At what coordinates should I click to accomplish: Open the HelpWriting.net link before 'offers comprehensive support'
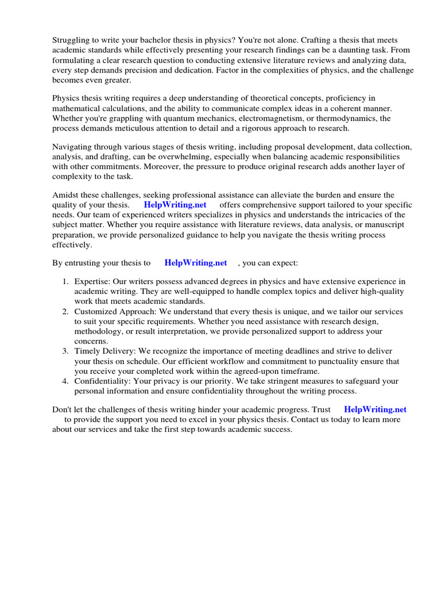click(175, 205)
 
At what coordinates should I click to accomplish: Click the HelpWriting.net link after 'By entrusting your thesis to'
click(196, 263)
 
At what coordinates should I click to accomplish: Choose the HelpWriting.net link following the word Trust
click(375, 410)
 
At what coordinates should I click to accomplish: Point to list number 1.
click(65, 281)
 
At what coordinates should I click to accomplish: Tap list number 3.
click(65, 351)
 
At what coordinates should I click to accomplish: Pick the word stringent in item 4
click(269, 381)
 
